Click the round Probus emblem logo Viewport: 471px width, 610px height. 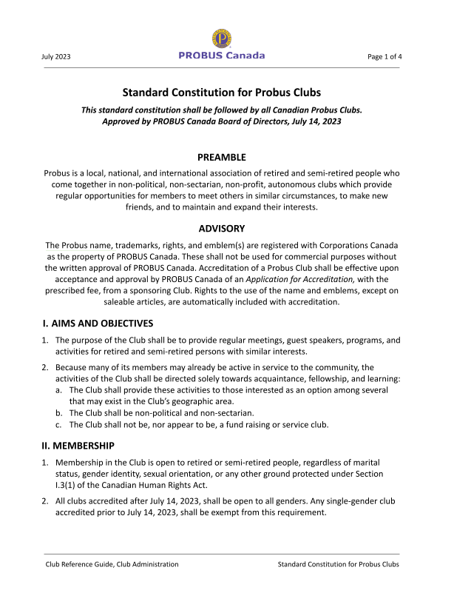coord(222,38)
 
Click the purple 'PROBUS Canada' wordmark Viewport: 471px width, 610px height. coord(222,56)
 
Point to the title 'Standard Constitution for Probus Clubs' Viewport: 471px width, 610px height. coord(222,93)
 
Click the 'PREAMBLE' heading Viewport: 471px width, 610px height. coord(222,157)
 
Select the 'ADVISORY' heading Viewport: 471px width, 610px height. coord(222,228)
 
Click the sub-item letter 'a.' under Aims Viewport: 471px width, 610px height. coord(59,389)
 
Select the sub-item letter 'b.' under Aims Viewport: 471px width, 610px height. coord(59,412)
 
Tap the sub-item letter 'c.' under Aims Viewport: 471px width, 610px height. coord(59,424)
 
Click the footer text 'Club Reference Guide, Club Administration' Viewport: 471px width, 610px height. coord(112,564)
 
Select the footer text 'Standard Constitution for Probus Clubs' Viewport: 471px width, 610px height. coord(338,564)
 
